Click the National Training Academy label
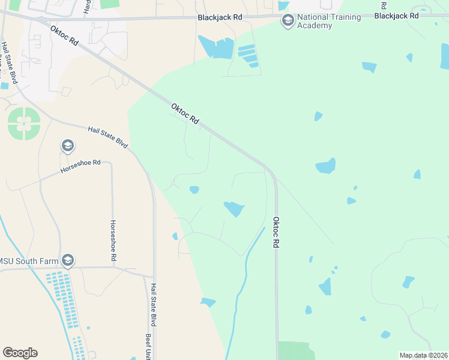pos(330,21)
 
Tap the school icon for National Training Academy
pos(288,21)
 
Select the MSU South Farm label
pos(28,260)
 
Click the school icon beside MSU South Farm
pos(68,260)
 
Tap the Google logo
pos(20,352)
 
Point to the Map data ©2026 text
pos(423,355)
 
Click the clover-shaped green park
pos(24,124)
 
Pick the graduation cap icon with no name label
pos(67,146)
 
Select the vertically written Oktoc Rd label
pos(277,233)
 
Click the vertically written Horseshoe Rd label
pos(113,240)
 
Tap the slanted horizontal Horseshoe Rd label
pos(80,167)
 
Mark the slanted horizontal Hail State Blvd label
pos(108,137)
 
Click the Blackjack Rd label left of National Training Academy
pos(220,18)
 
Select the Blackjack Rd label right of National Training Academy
pos(396,16)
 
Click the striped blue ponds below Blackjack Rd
pos(248,55)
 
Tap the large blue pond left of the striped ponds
pos(217,47)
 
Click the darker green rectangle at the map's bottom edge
pos(297,350)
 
